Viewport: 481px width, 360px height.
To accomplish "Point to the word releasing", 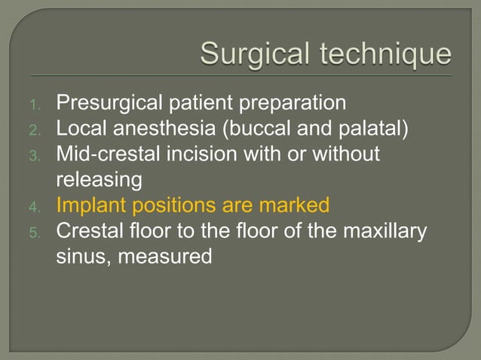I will pos(99,179).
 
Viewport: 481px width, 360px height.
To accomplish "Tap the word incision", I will pos(203,154).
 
